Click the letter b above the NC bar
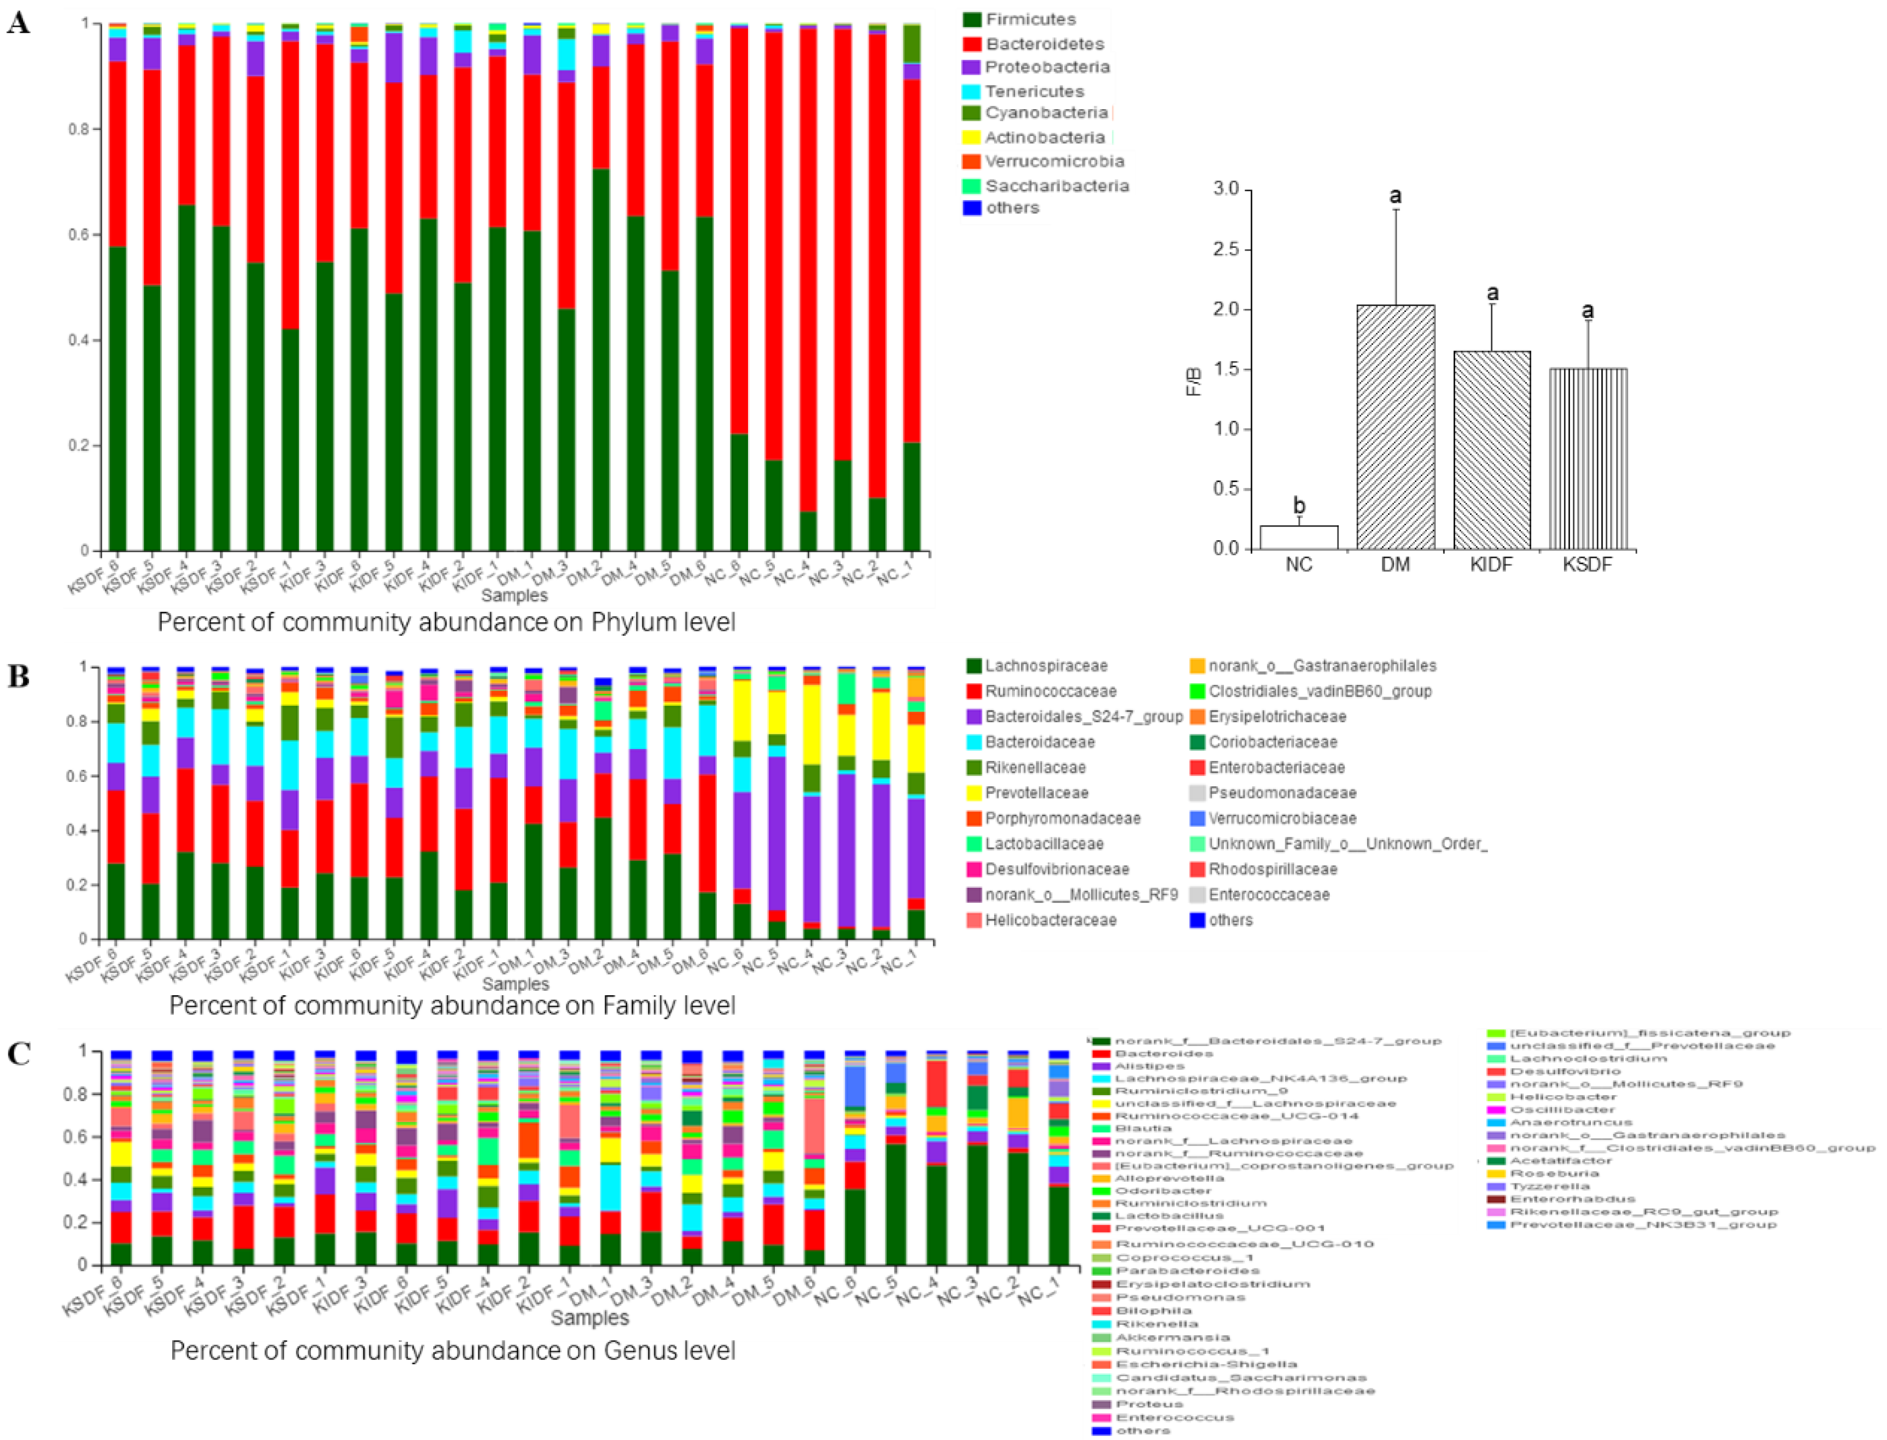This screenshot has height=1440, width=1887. point(1299,506)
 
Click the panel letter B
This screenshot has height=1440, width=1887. point(18,677)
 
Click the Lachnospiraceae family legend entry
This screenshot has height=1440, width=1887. point(1045,666)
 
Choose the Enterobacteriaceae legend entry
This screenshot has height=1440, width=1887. point(1276,767)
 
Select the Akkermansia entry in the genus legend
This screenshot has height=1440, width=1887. point(1172,1337)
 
